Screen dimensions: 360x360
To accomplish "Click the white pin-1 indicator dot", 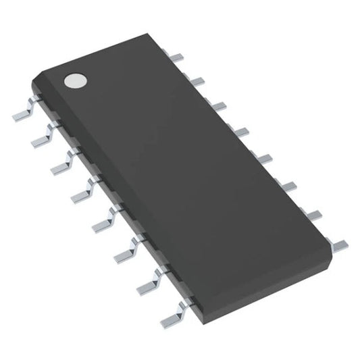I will [x=74, y=82].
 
